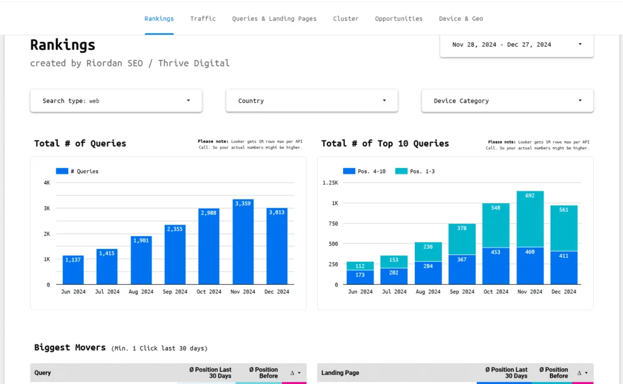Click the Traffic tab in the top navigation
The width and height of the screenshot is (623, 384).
[x=203, y=19]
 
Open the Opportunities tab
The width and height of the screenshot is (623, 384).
[x=399, y=19]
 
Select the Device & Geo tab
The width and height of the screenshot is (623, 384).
[x=461, y=19]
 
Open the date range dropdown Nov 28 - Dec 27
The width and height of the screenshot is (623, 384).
[x=517, y=44]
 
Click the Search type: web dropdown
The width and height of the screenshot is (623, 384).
[x=116, y=101]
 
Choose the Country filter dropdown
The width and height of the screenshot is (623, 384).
[x=311, y=101]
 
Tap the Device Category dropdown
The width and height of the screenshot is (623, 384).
[x=507, y=101]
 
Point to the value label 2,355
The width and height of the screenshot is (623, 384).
[x=175, y=229]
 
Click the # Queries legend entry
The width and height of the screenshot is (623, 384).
[x=77, y=172]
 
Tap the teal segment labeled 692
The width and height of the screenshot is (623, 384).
[x=530, y=218]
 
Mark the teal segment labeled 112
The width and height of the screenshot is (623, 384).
[x=360, y=265]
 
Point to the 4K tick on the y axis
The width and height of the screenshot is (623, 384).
[x=46, y=183]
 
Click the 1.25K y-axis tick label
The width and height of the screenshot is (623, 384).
[x=330, y=183]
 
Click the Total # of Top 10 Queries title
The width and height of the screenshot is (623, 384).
[x=385, y=144]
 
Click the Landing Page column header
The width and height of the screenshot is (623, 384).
[x=340, y=373]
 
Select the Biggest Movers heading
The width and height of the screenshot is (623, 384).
[x=69, y=347]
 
